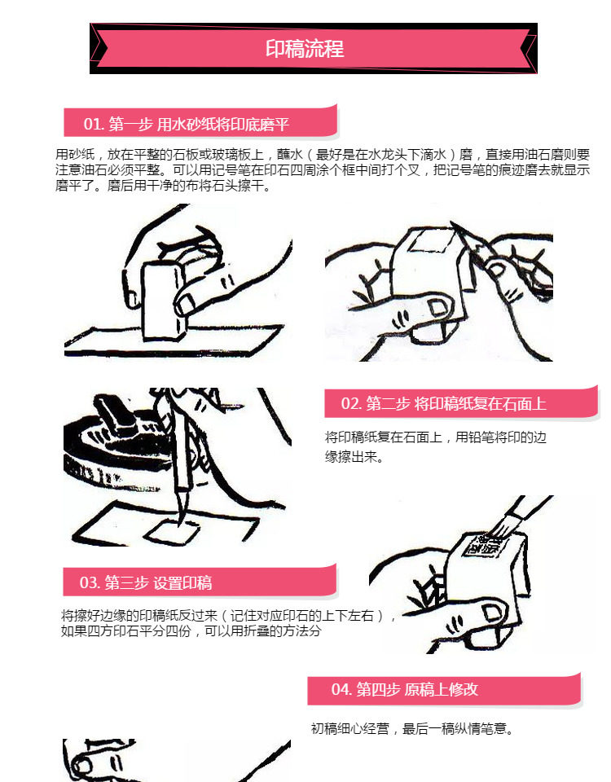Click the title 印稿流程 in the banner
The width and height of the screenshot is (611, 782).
coord(305,49)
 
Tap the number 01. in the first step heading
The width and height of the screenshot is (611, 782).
coord(94,124)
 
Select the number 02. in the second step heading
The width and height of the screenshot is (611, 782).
coord(351,403)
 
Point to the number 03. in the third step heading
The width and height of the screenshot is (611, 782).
coord(90,582)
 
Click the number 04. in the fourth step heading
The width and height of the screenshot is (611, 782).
coord(341,689)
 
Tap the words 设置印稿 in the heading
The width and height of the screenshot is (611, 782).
coord(182,582)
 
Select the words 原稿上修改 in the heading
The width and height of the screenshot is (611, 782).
coord(441,689)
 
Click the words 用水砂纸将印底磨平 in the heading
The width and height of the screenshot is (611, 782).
coord(223,124)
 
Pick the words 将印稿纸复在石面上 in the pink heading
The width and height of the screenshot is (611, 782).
coord(481,403)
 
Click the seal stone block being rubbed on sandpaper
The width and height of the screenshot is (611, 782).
coord(164,301)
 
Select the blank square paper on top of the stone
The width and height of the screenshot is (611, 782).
coord(431,241)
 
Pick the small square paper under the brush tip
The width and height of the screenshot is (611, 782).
coord(172,532)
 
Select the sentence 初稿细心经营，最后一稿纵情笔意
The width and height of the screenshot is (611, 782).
coord(412,729)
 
